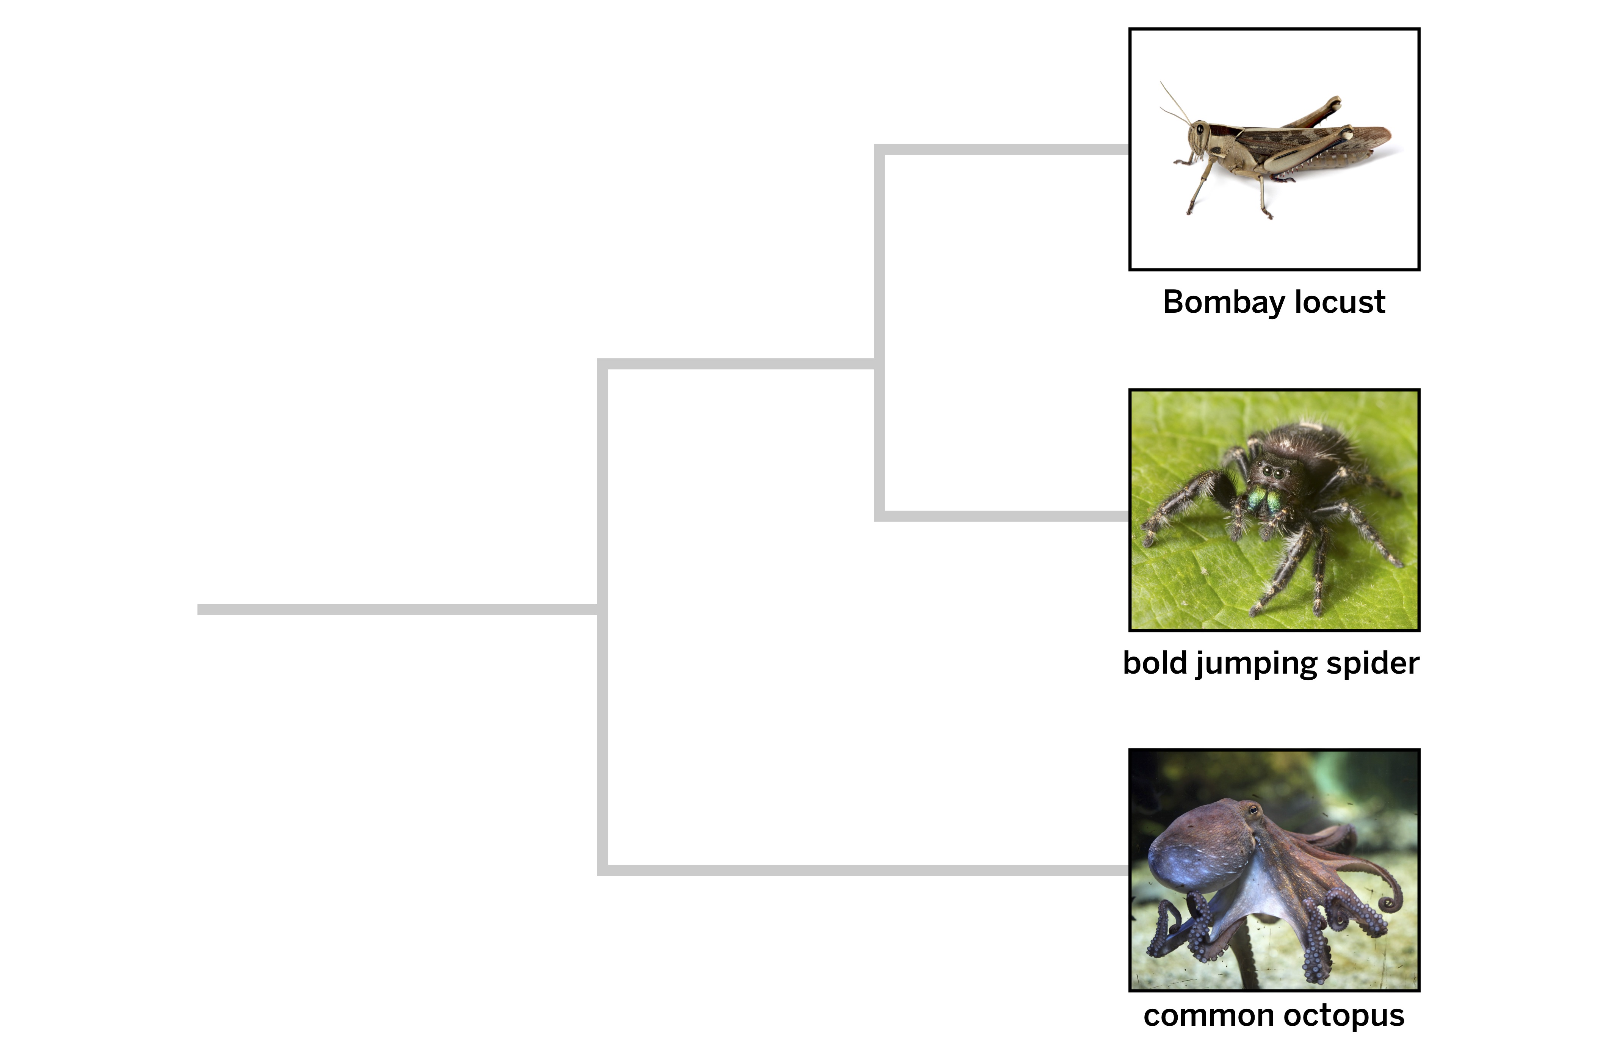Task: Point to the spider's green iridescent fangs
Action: coord(1264,501)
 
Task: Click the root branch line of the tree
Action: coord(398,610)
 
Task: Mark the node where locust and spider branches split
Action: coord(879,364)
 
